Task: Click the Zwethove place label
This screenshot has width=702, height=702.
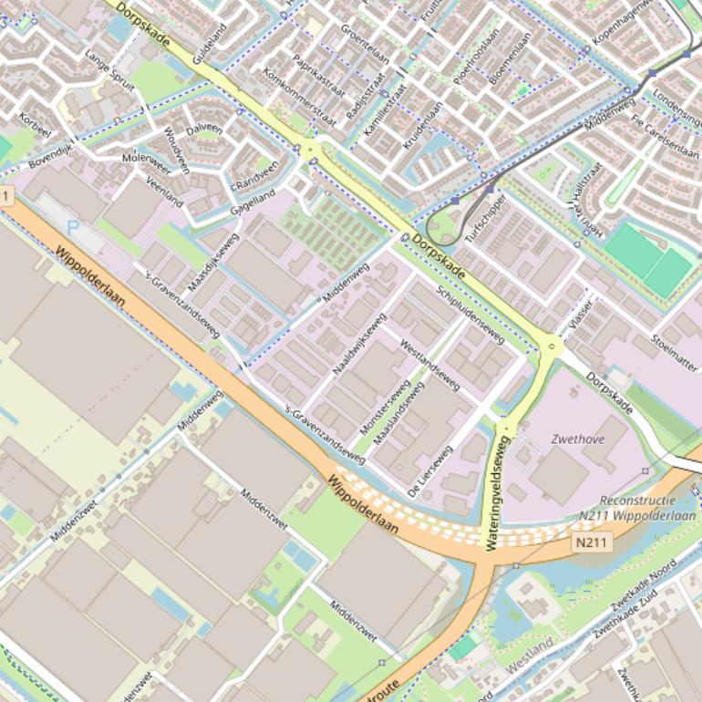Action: [x=577, y=439]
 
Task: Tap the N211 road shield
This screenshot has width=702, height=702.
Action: [x=593, y=543]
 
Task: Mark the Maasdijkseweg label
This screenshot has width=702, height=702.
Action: [x=212, y=263]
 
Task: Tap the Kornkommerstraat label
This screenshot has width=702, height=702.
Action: [x=298, y=96]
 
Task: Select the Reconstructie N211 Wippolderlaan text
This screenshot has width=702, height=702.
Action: [x=637, y=507]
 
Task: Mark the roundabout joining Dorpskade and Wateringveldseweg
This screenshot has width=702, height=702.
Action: [x=549, y=345]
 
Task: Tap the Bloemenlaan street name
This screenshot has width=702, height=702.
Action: [x=509, y=59]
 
